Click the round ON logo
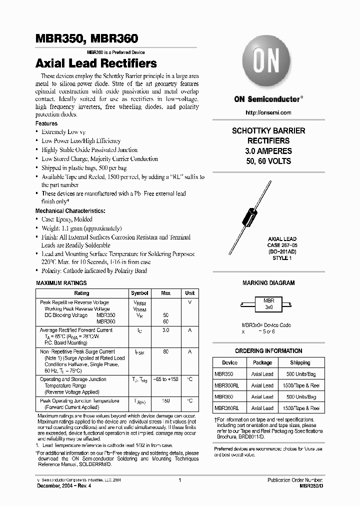(268, 63)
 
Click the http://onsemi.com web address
(268, 113)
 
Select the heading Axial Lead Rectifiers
(96, 63)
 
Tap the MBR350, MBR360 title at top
(86, 38)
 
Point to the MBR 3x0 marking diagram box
(268, 303)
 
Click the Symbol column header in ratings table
(139, 293)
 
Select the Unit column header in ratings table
(190, 293)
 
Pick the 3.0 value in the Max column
(166, 330)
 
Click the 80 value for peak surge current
(166, 352)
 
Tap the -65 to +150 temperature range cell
(166, 379)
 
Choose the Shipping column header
(300, 362)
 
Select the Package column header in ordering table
(262, 362)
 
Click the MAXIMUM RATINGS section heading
(60, 283)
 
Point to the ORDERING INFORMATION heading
(268, 351)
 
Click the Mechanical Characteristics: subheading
(70, 211)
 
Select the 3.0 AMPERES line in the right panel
(268, 151)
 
